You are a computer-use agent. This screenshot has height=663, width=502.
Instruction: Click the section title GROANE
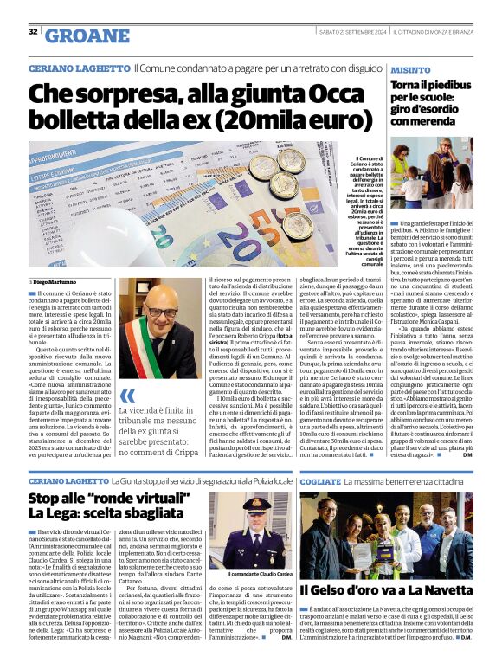click(x=86, y=35)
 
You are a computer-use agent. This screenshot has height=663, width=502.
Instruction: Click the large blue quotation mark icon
click(x=127, y=397)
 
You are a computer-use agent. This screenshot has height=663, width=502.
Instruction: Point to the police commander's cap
click(x=259, y=504)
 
